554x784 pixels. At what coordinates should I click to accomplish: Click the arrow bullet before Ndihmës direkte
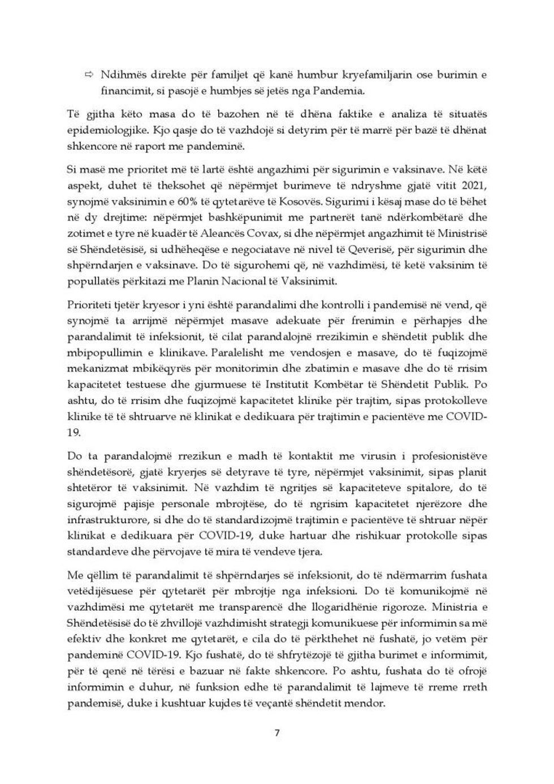tap(89, 75)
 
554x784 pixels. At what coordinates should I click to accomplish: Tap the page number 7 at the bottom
tap(277, 734)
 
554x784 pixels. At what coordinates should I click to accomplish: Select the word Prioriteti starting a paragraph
tap(89, 305)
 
